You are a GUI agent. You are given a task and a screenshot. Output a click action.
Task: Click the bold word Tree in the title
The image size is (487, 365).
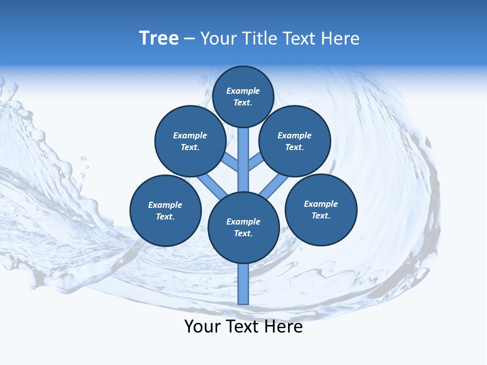159,38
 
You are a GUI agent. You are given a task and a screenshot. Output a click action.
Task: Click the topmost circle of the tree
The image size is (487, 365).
243,96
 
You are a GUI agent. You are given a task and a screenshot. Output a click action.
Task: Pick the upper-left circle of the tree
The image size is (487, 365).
190,141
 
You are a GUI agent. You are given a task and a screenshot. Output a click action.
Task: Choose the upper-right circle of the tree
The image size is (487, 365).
295,141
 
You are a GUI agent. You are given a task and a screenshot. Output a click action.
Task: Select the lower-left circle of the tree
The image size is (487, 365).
165,210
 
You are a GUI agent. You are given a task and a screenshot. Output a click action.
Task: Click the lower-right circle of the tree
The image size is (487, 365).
321,209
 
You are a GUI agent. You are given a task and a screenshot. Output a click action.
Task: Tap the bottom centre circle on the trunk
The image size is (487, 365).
243,227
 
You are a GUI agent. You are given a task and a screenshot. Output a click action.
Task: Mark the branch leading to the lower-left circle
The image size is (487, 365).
212,187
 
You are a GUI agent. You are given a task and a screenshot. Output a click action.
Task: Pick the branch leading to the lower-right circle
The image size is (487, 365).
273,187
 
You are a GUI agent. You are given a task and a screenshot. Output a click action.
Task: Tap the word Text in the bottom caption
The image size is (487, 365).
242,326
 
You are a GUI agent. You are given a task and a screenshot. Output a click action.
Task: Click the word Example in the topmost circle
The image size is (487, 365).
243,91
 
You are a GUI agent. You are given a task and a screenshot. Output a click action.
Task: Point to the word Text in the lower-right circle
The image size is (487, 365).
321,215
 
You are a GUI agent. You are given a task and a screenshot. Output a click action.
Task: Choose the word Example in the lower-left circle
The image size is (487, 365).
165,205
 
